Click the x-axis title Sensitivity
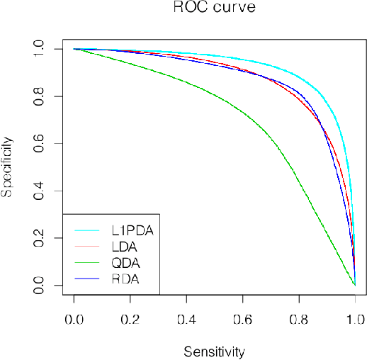click(214, 351)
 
